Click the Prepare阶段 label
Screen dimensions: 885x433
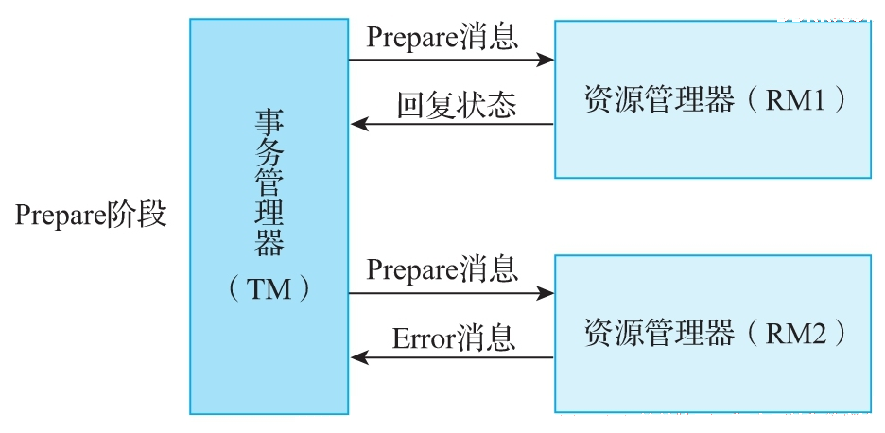91,216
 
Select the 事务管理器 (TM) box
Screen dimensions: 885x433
269,216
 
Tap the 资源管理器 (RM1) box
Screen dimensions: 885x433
712,99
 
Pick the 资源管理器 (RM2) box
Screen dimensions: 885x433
712,333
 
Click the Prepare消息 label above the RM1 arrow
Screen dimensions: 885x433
442,37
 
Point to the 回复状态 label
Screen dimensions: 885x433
456,104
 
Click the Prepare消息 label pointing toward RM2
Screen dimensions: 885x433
442,268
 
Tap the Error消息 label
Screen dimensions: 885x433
454,338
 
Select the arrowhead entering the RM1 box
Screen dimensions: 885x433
546,60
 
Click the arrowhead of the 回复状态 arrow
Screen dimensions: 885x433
359,124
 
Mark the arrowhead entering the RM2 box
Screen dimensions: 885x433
546,292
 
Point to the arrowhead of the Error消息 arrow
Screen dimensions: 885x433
359,356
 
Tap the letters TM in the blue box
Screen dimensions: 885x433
269,289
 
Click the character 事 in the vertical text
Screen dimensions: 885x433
269,121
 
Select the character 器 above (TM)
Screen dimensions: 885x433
269,243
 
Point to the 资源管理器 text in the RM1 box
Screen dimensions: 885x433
659,100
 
